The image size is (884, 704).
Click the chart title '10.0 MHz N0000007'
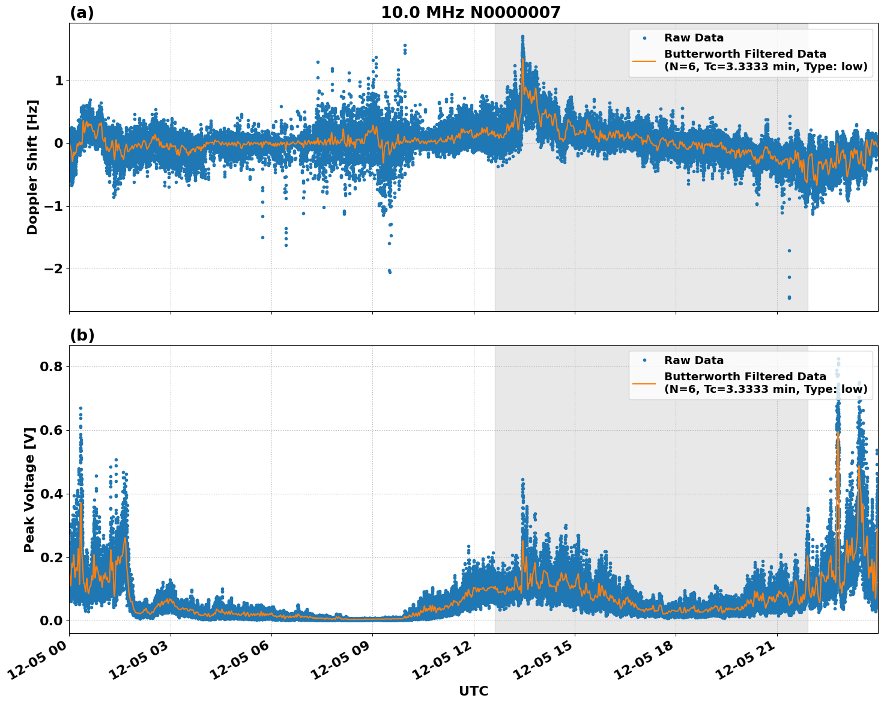470,13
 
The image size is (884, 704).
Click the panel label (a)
82,13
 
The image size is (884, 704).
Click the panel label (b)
82,335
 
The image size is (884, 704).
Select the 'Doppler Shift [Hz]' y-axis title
32,167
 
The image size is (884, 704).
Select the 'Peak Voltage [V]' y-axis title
29,490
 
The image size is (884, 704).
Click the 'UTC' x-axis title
473,691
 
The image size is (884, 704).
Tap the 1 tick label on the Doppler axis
58,80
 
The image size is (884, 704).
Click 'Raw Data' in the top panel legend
694,38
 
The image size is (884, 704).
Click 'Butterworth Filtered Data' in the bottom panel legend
745,377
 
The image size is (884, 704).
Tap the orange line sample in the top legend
644,60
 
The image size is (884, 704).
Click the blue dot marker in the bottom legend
644,360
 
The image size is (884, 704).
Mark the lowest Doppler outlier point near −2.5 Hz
789,297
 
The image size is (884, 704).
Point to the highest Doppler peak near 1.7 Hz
522,37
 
